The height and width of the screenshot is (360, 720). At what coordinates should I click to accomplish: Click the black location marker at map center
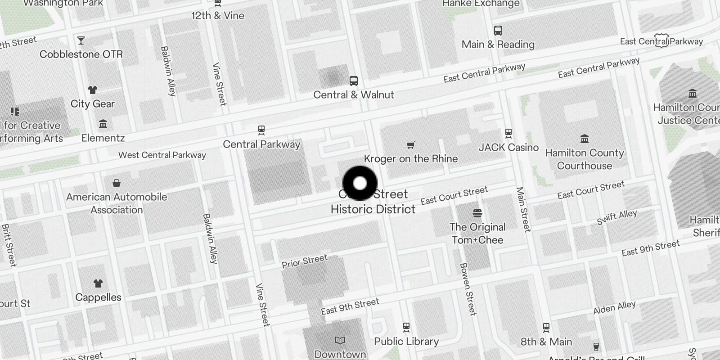point(360,183)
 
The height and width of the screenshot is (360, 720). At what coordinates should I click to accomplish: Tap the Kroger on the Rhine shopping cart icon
point(410,145)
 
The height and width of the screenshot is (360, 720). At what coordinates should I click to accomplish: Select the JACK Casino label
point(508,148)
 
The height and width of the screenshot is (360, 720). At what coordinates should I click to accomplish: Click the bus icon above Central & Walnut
point(354,81)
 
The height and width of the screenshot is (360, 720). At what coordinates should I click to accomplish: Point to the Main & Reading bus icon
point(498,31)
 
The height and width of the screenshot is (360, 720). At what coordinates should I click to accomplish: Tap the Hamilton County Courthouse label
point(585,159)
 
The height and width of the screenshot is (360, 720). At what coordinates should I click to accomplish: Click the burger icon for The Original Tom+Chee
point(477,213)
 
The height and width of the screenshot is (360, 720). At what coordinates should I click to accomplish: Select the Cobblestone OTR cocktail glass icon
point(81,40)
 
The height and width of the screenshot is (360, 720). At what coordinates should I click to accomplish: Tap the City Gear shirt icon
point(93,90)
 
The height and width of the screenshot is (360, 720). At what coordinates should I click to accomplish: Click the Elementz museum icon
point(103,124)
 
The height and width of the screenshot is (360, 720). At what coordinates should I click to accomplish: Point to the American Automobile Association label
point(117,203)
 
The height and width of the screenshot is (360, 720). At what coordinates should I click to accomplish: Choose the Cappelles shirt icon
point(98,283)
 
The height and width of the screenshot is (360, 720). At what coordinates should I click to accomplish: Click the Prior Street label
point(305,261)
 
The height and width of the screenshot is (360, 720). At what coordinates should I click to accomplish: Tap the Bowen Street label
point(468,289)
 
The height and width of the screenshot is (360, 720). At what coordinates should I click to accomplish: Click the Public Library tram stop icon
point(406,327)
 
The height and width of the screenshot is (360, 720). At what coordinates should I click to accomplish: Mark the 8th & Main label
point(546,342)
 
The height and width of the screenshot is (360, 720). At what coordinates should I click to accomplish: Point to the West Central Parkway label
point(162,155)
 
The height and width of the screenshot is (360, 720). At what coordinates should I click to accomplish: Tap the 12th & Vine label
point(218,16)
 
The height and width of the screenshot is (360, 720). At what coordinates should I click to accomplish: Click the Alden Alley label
point(614,308)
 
